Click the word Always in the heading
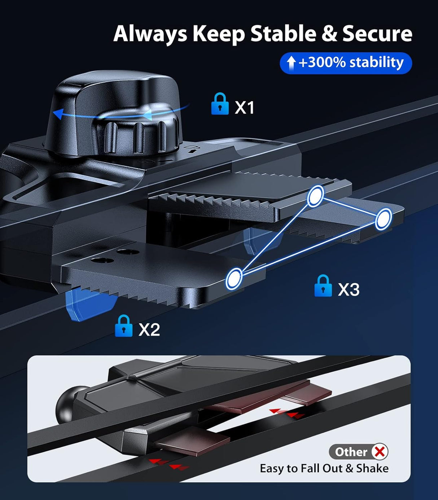pyautogui.click(x=150, y=34)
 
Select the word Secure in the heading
pyautogui.click(x=377, y=34)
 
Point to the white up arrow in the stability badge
pyautogui.click(x=291, y=63)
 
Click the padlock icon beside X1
pyautogui.click(x=220, y=104)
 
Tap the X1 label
pyautogui.click(x=245, y=108)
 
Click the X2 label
pyautogui.click(x=149, y=329)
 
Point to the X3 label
pyautogui.click(x=349, y=289)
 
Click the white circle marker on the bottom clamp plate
pyautogui.click(x=234, y=278)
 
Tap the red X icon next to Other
pyautogui.click(x=380, y=452)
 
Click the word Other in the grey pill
pyautogui.click(x=351, y=452)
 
